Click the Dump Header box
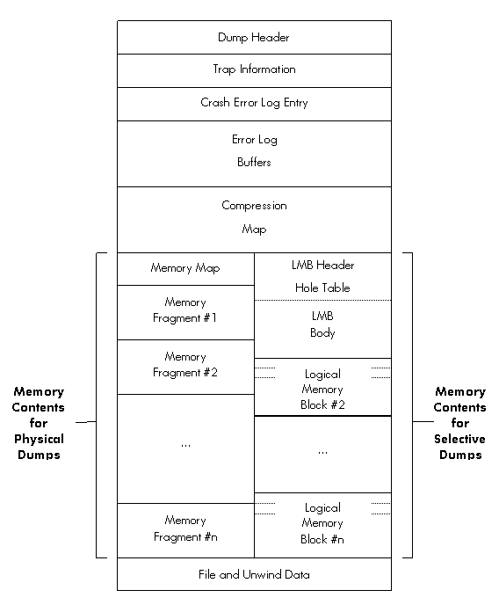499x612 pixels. click(254, 38)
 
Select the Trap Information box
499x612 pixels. click(254, 70)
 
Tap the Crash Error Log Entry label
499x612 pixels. click(254, 103)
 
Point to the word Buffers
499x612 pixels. click(254, 162)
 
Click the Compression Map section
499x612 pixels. click(254, 220)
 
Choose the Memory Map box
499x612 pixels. click(185, 269)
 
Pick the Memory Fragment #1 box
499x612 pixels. click(185, 313)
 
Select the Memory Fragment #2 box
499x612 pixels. click(185, 368)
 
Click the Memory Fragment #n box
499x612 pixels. click(185, 530)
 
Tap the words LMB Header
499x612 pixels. click(322, 266)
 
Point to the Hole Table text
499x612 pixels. click(322, 288)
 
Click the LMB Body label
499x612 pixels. click(322, 324)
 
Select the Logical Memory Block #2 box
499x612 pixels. click(322, 387)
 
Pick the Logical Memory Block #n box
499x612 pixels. click(322, 525)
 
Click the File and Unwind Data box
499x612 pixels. click(254, 574)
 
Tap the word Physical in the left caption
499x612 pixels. click(39, 440)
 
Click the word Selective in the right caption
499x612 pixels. click(460, 439)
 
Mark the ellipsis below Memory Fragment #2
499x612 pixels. click(185, 445)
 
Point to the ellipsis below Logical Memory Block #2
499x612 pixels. click(322, 453)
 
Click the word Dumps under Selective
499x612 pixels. click(460, 455)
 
